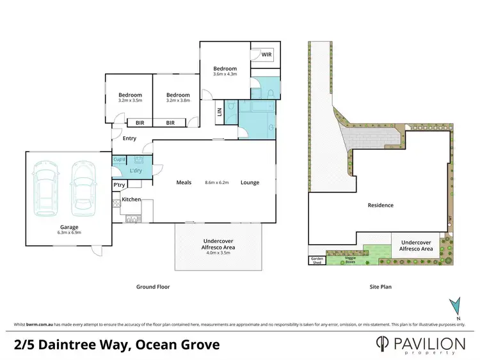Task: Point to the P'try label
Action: coord(119,185)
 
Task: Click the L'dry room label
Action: coord(136,171)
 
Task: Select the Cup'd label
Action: coord(118,159)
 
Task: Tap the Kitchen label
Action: coord(131,200)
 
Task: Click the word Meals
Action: coord(184,182)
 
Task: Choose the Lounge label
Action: coord(250,182)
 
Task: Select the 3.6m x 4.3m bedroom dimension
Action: coord(225,75)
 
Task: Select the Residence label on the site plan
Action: coord(380,205)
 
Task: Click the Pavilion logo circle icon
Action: coord(382,344)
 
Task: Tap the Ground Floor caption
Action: coord(154,287)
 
